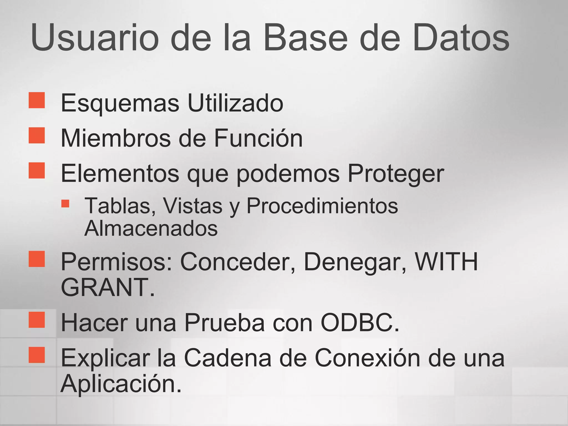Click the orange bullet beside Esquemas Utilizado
37,100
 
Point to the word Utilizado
235,103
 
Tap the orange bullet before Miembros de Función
37,135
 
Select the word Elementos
120,174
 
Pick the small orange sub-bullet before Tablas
65,204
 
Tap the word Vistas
192,206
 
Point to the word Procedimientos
322,206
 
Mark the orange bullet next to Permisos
37,259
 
